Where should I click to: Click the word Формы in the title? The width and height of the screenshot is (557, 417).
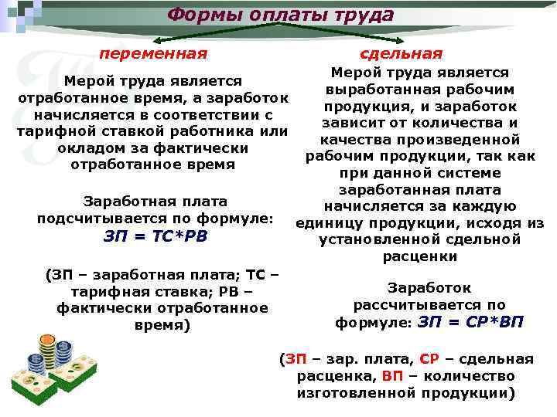point(197,15)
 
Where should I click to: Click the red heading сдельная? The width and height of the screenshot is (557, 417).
point(402,54)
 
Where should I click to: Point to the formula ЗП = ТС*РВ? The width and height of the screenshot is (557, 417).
point(155,236)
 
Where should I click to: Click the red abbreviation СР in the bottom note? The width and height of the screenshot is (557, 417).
point(429,359)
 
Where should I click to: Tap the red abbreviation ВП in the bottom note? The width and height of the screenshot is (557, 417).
point(393,376)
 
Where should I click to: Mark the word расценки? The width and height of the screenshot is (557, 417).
point(419,256)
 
